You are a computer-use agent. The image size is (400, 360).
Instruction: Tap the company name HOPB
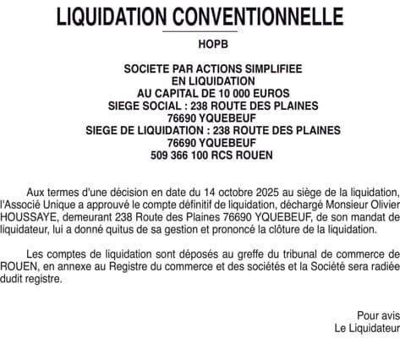[x=200, y=43]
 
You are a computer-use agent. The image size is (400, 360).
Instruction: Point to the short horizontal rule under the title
[x=200, y=32]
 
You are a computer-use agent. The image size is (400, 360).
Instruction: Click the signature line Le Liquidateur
[x=366, y=328]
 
